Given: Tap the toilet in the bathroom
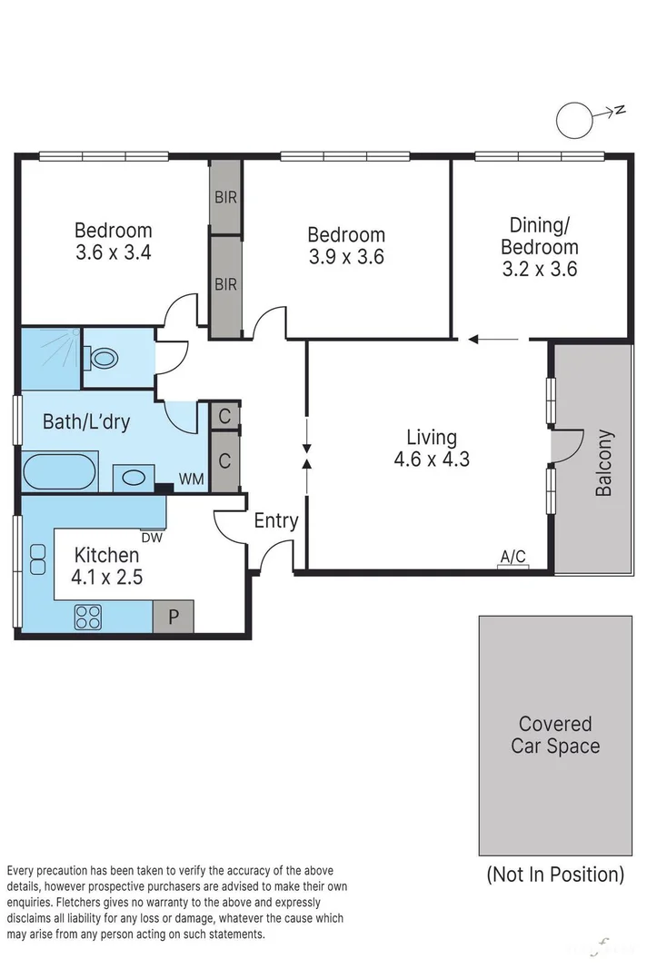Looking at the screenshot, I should [103, 357].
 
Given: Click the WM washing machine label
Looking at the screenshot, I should [191, 478].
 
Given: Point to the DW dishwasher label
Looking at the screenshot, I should [151, 536].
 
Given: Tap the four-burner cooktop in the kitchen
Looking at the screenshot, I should [88, 618].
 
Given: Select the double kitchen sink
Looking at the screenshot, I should [38, 559].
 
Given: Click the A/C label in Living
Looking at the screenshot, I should [513, 557].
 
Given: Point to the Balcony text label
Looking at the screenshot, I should [603, 462].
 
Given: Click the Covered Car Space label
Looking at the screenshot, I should [555, 735].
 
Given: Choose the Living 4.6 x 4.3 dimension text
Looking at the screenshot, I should [432, 459].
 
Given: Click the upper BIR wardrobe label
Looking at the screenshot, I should [225, 197].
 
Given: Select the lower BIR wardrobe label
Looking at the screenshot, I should [225, 284].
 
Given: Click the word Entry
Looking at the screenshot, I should [275, 520].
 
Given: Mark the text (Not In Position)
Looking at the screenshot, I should [555, 875].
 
